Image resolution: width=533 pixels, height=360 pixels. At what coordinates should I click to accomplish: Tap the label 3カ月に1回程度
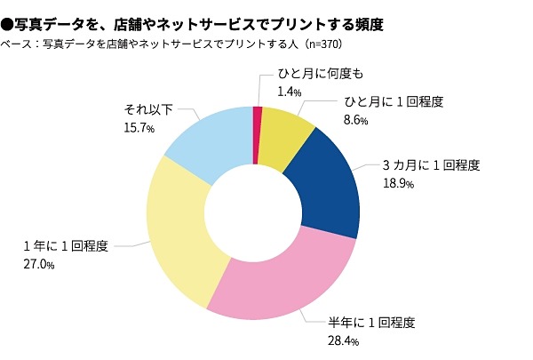click(x=431, y=165)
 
